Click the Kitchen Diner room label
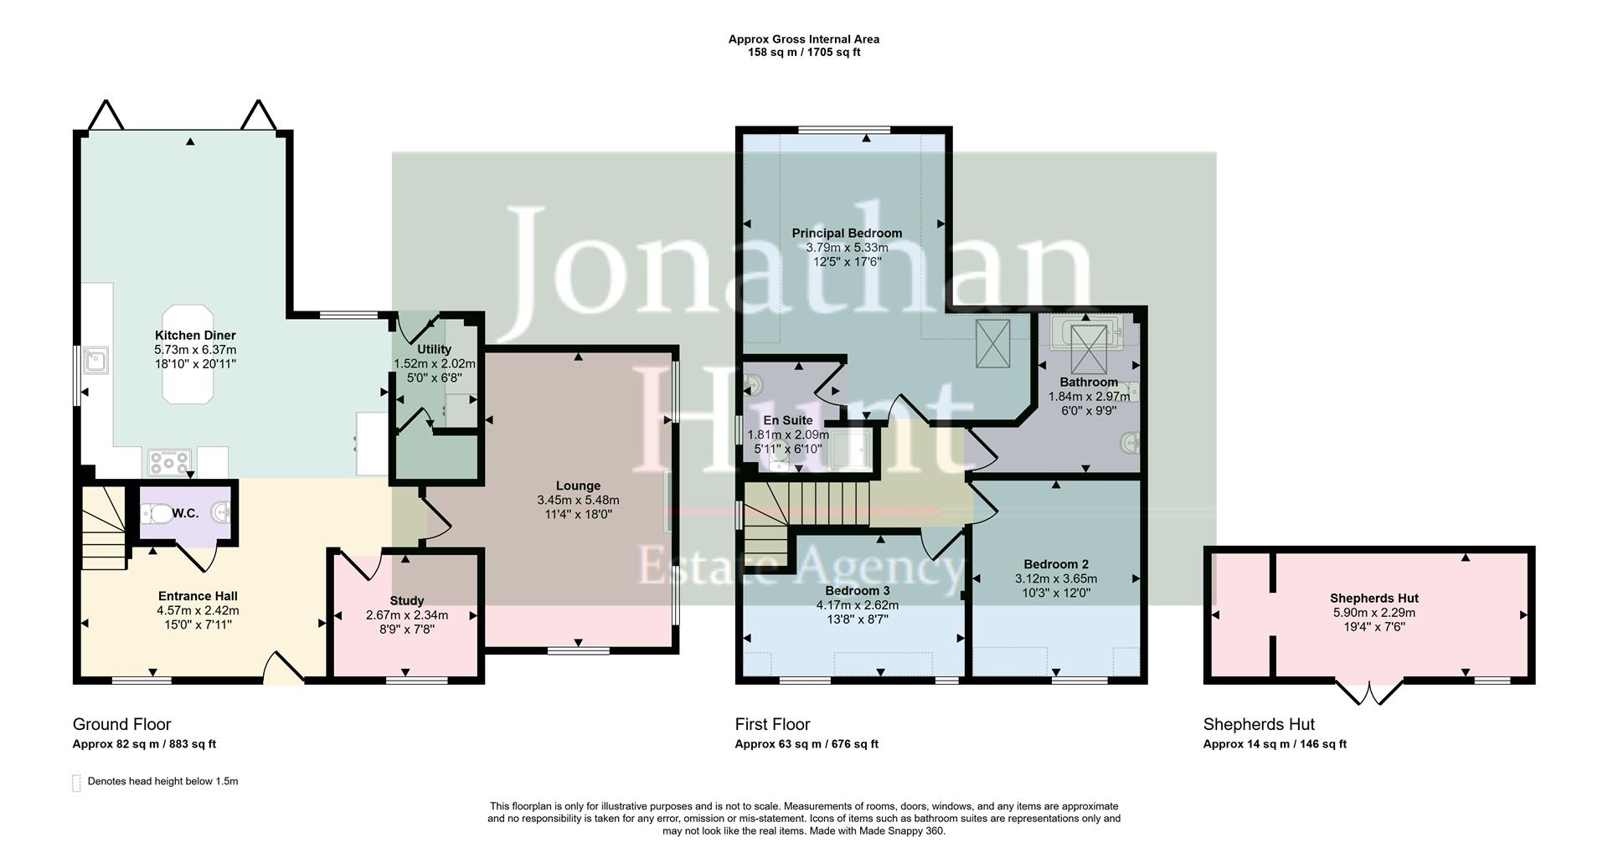coord(195,335)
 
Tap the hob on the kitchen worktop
coord(169,461)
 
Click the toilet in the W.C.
coord(155,513)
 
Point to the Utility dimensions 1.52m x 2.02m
coord(434,364)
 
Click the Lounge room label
coord(578,486)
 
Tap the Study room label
coord(406,600)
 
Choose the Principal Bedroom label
coord(847,233)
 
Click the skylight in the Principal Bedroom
coord(992,343)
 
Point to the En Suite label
coord(787,420)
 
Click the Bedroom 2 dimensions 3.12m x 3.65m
coord(1055,578)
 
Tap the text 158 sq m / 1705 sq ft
coord(803,52)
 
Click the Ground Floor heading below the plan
coord(121,724)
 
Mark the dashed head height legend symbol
coord(76,783)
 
